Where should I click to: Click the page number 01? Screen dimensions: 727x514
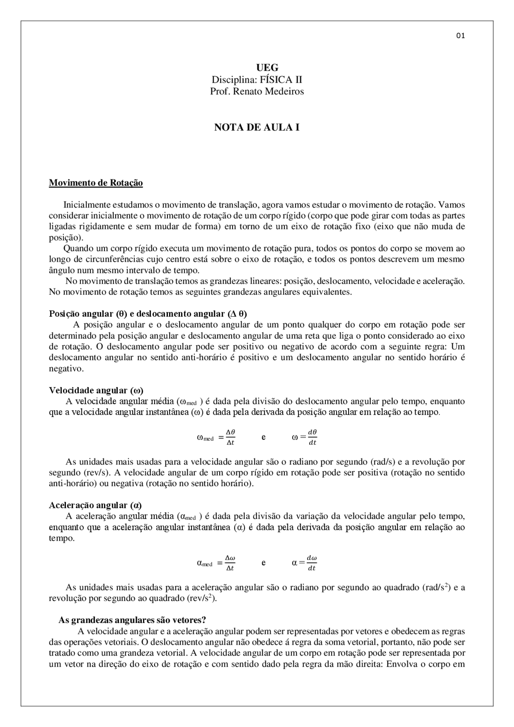coord(461,36)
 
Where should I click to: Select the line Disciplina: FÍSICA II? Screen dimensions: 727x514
coord(257,79)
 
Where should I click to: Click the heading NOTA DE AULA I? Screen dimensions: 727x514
coord(257,127)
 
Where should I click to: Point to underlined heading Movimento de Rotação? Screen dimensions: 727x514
coord(96,183)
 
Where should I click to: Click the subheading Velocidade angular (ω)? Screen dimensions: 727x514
coord(96,390)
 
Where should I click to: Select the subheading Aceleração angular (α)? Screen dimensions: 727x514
coord(95,505)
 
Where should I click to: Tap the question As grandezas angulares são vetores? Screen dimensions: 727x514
coord(132,620)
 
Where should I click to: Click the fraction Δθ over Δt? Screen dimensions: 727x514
coord(230,437)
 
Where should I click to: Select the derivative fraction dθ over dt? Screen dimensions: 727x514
coord(312,437)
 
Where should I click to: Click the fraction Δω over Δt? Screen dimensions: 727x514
coord(230,563)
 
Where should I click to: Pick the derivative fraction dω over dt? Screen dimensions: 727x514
coord(312,563)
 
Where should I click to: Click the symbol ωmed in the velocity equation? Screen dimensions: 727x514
coord(205,438)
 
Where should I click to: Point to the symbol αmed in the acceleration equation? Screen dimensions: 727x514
coord(204,563)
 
